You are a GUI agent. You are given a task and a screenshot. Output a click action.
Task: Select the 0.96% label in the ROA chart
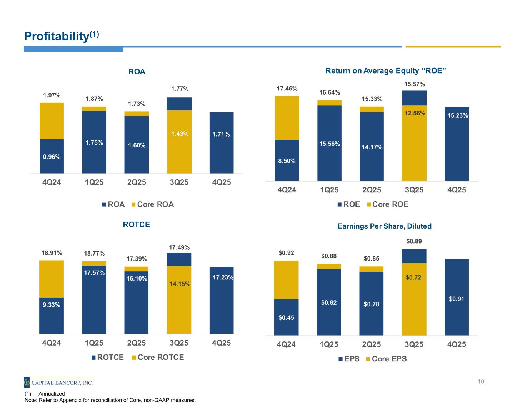52,156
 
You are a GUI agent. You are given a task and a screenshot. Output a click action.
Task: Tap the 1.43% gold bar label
179,134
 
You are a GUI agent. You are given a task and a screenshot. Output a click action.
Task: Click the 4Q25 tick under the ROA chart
221,182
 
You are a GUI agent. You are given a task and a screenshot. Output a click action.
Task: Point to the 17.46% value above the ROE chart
287,89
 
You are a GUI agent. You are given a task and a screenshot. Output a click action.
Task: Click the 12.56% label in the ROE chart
414,113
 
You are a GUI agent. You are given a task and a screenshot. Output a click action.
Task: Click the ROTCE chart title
136,224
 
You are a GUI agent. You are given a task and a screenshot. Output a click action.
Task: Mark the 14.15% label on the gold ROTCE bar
179,284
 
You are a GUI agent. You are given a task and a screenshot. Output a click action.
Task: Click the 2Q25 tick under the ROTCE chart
137,343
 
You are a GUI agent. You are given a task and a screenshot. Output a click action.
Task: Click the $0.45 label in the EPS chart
287,317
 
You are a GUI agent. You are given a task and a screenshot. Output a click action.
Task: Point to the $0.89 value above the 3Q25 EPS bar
414,241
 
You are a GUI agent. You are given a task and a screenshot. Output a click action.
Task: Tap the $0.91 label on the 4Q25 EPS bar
457,299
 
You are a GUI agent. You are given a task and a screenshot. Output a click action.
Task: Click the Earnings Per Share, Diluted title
384,226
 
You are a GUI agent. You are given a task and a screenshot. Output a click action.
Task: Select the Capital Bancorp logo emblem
27,383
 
